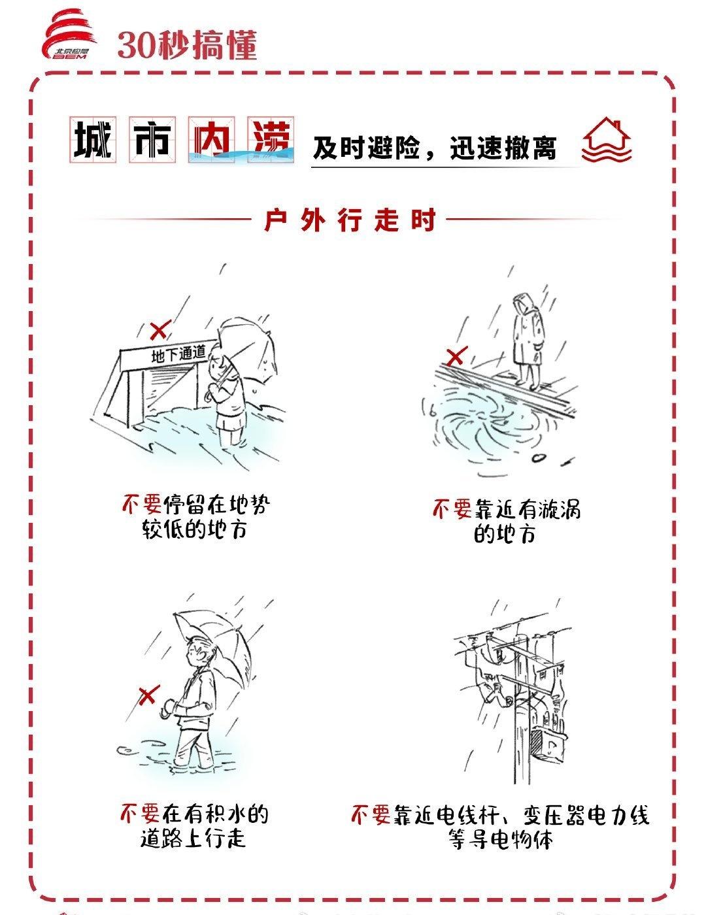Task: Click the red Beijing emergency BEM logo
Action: pos(69,35)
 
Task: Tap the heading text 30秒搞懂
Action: pos(188,45)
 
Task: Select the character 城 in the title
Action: pos(93,140)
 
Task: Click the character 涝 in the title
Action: pos(271,140)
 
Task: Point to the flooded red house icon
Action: pos(606,141)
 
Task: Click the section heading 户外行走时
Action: pos(350,220)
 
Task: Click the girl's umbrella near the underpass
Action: pos(248,350)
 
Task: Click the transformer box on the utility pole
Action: pos(548,745)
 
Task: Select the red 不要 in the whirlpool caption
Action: pos(452,509)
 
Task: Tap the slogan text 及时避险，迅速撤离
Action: pos(435,148)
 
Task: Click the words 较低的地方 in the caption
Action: pos(194,529)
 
